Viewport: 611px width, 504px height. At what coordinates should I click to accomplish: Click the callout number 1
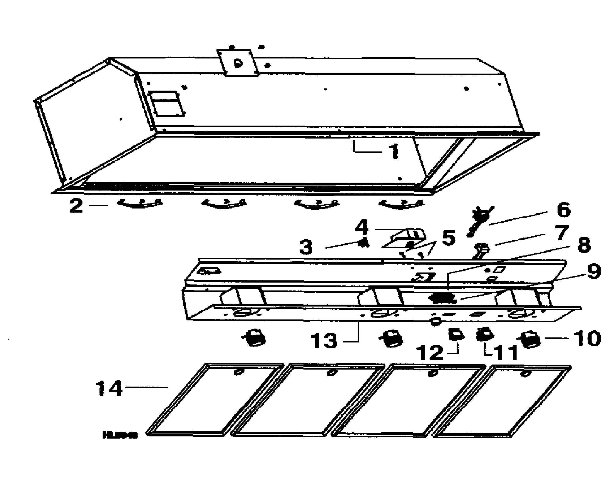coord(394,152)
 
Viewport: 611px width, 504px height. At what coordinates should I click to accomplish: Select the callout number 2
coord(76,206)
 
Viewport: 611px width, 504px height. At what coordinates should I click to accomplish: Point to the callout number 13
coord(324,340)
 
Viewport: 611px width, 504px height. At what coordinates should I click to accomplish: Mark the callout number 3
coord(306,247)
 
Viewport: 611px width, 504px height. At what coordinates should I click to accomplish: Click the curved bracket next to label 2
coord(140,204)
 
